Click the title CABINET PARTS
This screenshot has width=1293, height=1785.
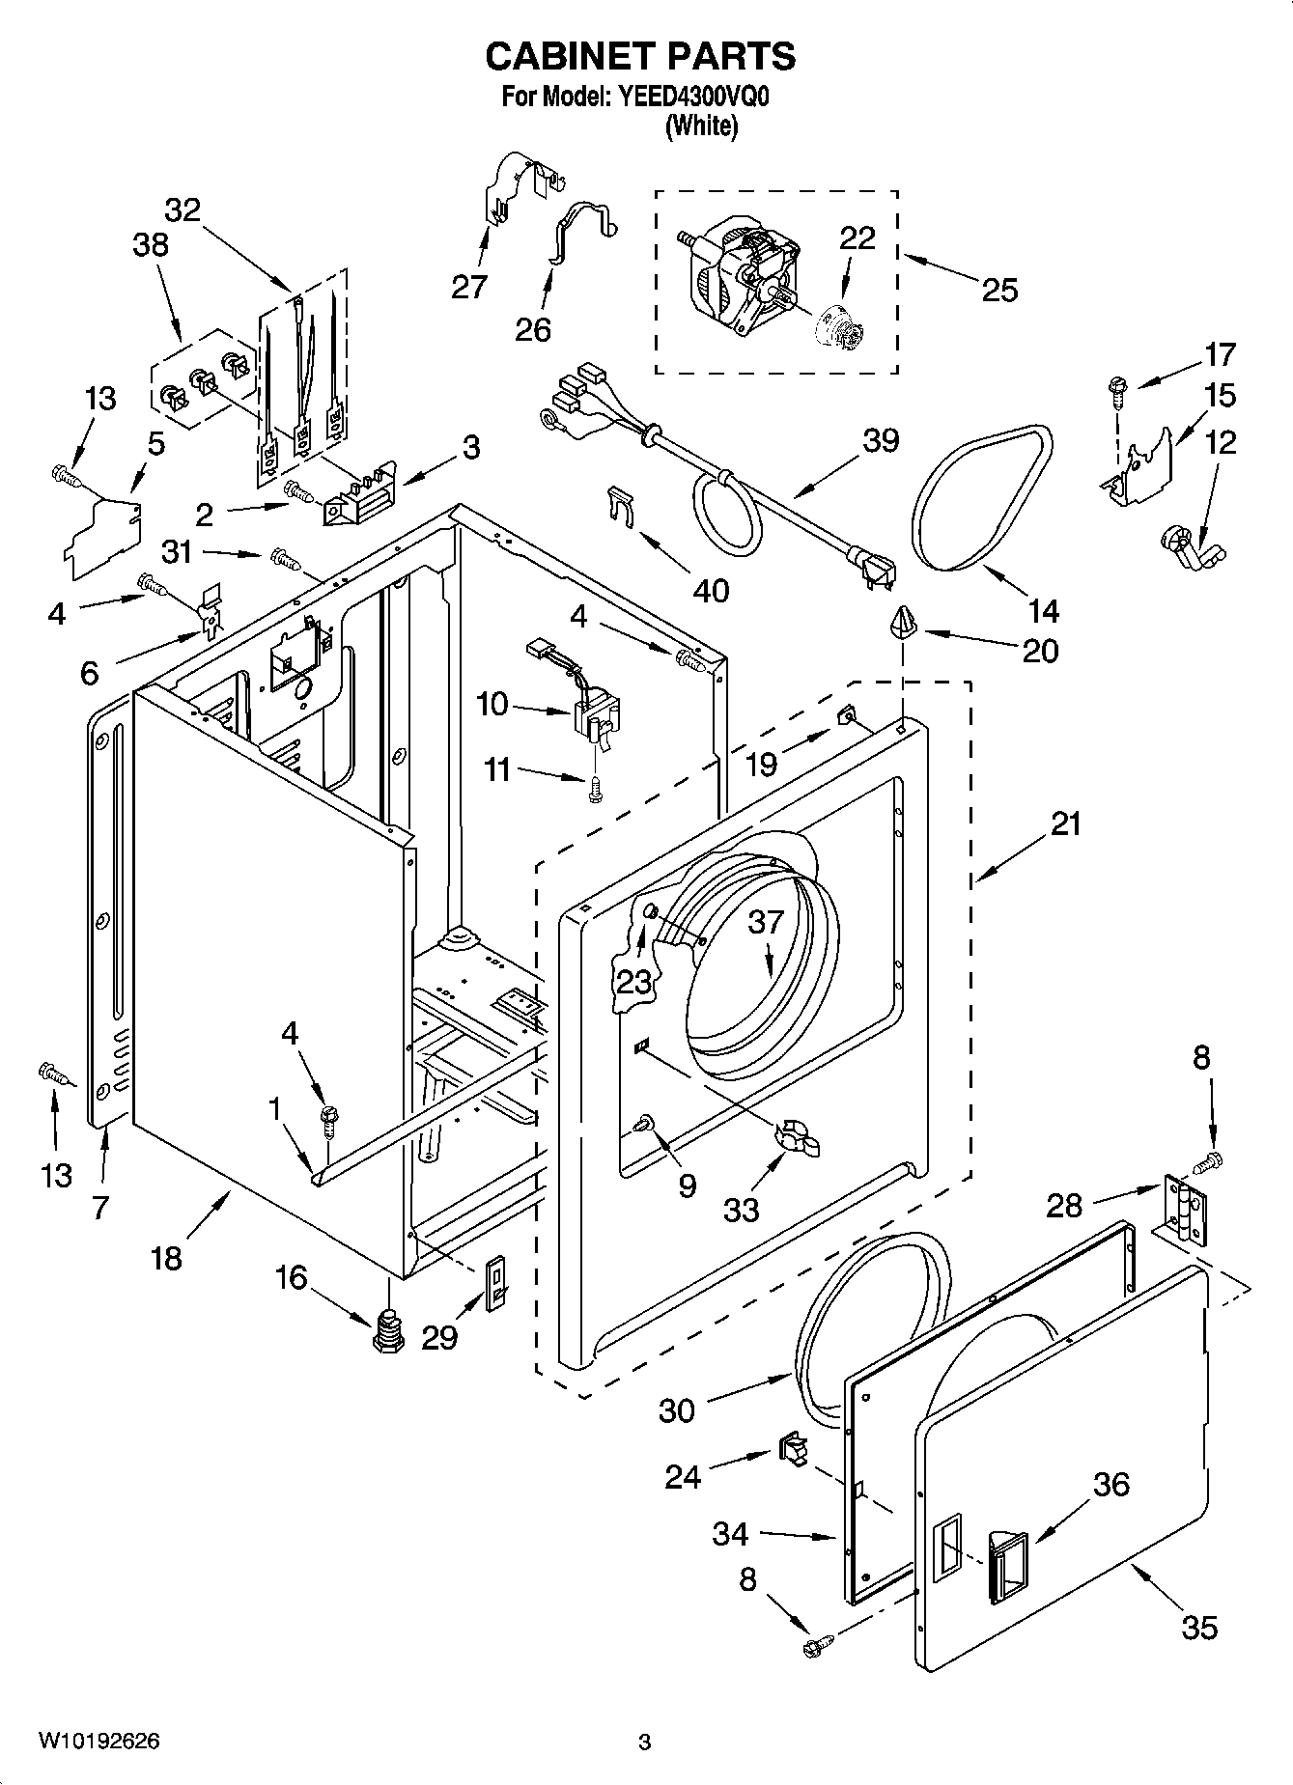click(640, 57)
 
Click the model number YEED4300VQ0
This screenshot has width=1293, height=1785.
click(689, 98)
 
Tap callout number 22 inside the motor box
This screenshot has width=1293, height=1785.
click(857, 238)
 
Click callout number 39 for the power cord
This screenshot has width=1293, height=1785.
click(880, 440)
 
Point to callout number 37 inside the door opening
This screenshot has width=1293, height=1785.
click(766, 922)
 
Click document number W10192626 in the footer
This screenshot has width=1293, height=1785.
click(98, 1741)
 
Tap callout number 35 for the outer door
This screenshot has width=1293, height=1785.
click(1199, 1628)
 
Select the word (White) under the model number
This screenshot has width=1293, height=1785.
click(701, 126)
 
